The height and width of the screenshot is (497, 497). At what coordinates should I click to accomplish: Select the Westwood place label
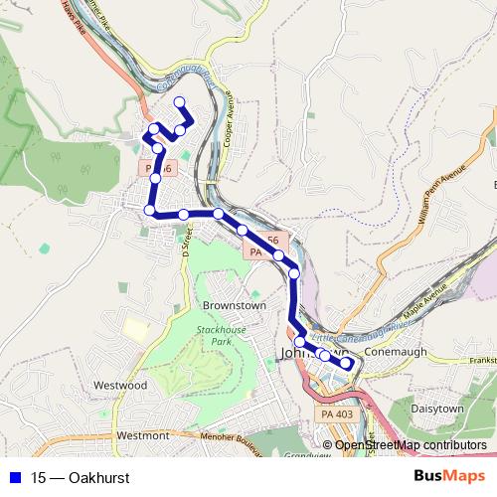click(x=120, y=384)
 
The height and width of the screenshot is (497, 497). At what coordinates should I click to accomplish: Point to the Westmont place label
click(x=142, y=435)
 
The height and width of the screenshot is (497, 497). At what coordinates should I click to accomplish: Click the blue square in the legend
click(x=15, y=478)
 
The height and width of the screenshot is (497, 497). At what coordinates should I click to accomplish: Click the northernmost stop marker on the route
click(x=180, y=101)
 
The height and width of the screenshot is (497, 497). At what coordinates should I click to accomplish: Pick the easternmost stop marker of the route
click(x=346, y=363)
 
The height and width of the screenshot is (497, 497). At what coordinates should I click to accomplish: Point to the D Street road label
click(x=187, y=241)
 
